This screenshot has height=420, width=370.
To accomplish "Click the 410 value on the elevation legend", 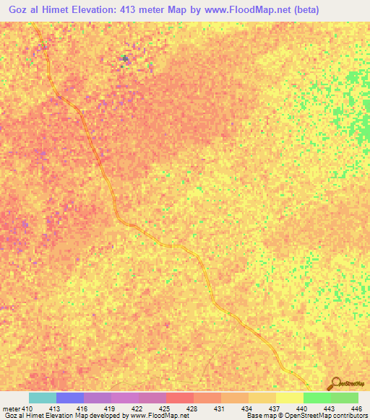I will pyautogui.click(x=27, y=408).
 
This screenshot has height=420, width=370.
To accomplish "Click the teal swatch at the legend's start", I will pyautogui.click(x=43, y=398).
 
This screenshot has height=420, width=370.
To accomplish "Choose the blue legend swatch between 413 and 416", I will pyautogui.click(x=70, y=398).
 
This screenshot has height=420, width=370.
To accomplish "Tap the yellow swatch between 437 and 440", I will pyautogui.click(x=290, y=398).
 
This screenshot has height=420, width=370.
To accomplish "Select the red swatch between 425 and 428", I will pyautogui.click(x=180, y=398).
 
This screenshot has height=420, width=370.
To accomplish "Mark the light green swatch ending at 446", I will pyautogui.click(x=345, y=398).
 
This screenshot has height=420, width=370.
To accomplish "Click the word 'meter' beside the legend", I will pyautogui.click(x=12, y=408).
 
